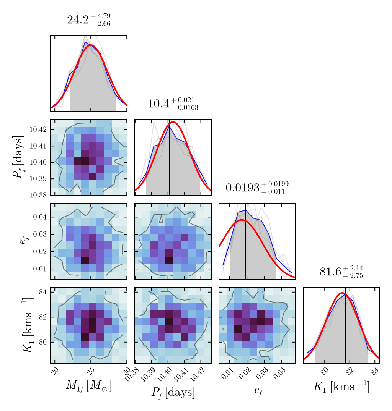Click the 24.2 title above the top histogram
pyautogui.click(x=88, y=20)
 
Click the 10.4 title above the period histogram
pyautogui.click(x=173, y=104)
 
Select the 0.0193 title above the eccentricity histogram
pyautogui.click(x=257, y=188)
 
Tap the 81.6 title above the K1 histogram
pyautogui.click(x=341, y=272)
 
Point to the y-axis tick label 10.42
pyautogui.click(x=38, y=129)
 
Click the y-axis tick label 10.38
pyautogui.click(x=38, y=195)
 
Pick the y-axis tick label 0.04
pyautogui.click(x=40, y=217)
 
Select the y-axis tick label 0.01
pyautogui.click(x=40, y=269)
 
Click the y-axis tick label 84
pyautogui.click(x=42, y=293)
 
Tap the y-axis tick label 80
pyautogui.click(x=42, y=342)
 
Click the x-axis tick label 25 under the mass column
pyautogui.click(x=90, y=371)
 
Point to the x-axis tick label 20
pyautogui.click(x=55, y=371)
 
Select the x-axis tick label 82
pyautogui.click(x=350, y=371)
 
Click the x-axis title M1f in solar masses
pyautogui.click(x=88, y=386)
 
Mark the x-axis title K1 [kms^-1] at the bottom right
pyautogui.click(x=341, y=387)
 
